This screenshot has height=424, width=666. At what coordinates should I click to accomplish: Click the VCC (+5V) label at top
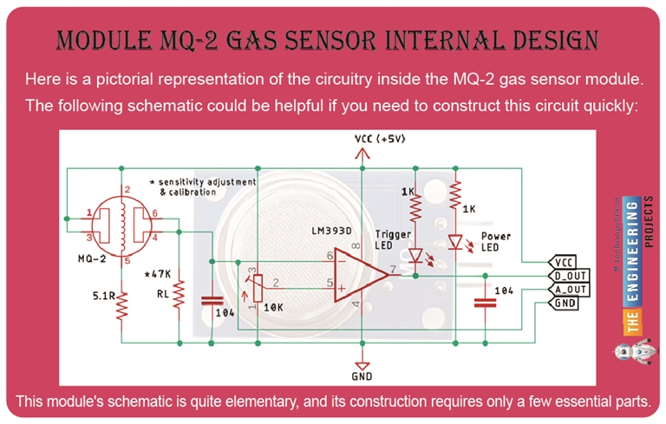point(380,140)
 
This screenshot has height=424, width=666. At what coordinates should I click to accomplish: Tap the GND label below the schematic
point(361,375)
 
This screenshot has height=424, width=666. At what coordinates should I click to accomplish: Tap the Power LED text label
point(495,241)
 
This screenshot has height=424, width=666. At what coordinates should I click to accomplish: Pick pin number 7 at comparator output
point(395,270)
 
